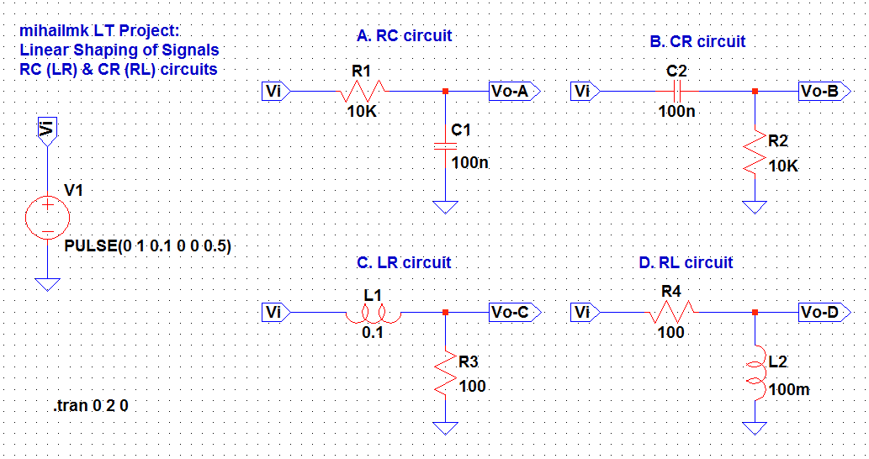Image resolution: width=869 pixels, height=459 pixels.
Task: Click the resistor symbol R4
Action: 671,313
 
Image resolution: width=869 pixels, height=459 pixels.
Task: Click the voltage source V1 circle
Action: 48,217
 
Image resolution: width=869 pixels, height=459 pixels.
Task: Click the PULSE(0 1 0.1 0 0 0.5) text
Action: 148,246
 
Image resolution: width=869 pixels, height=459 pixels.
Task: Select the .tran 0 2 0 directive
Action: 91,406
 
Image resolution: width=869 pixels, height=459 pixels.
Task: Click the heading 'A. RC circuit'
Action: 404,36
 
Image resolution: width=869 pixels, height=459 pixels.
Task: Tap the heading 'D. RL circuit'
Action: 686,263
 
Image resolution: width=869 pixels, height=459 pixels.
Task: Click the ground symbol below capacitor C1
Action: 445,207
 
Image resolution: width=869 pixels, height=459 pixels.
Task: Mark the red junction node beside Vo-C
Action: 445,313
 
